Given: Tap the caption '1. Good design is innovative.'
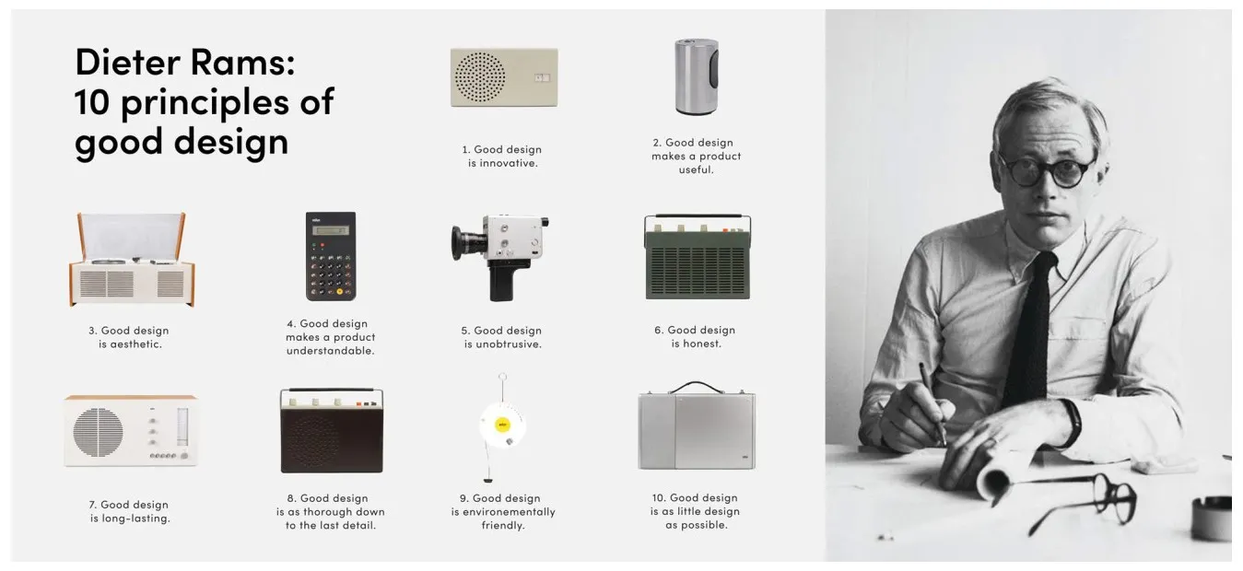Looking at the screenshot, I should point(502,156).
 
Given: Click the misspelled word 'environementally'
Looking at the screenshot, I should point(503,512).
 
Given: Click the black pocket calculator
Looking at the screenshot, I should point(331,256).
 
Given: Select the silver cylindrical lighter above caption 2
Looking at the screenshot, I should point(696,76).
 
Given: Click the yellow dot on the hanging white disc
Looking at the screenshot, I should point(502,425).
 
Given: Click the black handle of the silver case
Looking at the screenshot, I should point(696,386).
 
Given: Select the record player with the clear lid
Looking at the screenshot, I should point(132,261).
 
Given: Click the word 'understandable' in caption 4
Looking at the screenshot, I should point(330,351).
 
